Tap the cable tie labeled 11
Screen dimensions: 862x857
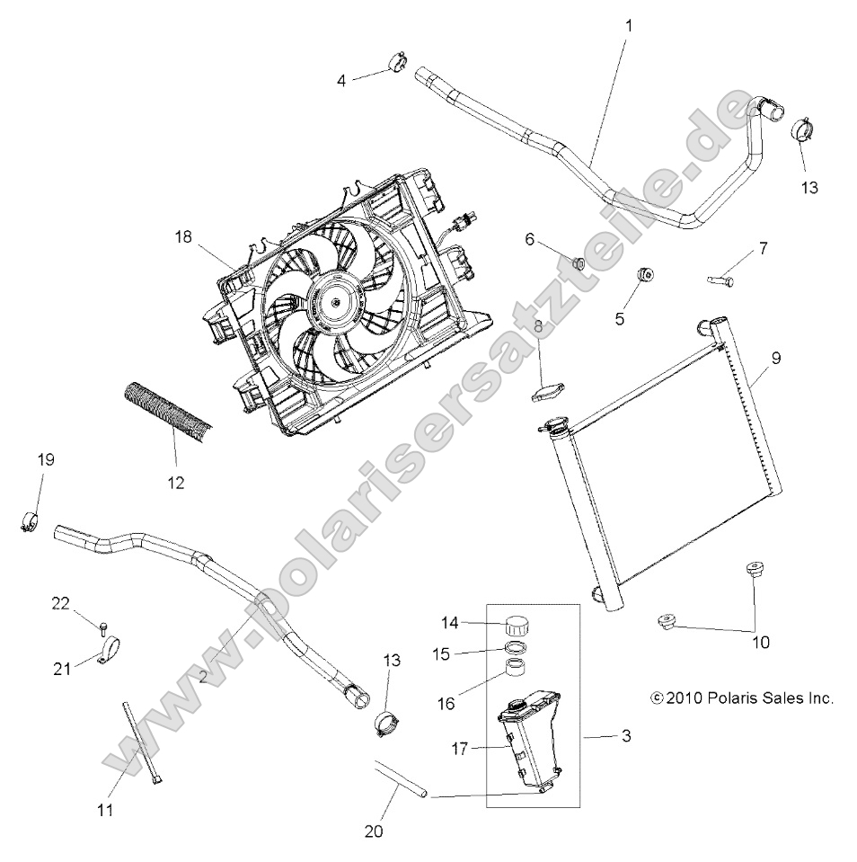pyautogui.click(x=142, y=744)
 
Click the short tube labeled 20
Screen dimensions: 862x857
pyautogui.click(x=402, y=778)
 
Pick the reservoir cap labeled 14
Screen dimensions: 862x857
pyautogui.click(x=519, y=625)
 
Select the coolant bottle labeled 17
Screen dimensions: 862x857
pyautogui.click(x=528, y=739)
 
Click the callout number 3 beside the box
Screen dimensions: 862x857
pyautogui.click(x=626, y=736)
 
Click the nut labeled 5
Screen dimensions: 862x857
pyautogui.click(x=644, y=273)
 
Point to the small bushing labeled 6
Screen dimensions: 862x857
pyautogui.click(x=580, y=262)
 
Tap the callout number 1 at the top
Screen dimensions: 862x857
pyautogui.click(x=628, y=26)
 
